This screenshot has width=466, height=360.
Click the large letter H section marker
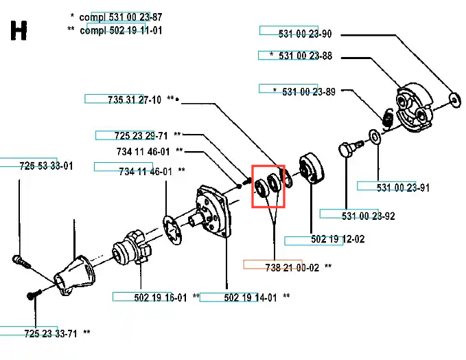click(19, 31)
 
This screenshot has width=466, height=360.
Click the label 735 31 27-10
click(135, 100)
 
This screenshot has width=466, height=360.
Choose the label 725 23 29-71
click(141, 136)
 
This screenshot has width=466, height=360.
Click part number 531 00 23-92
click(368, 216)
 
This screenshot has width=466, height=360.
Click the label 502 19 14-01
click(250, 297)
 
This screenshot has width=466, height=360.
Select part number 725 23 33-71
click(50, 333)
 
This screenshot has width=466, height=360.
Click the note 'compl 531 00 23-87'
click(121, 17)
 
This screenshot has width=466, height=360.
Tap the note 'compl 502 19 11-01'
click(121, 30)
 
